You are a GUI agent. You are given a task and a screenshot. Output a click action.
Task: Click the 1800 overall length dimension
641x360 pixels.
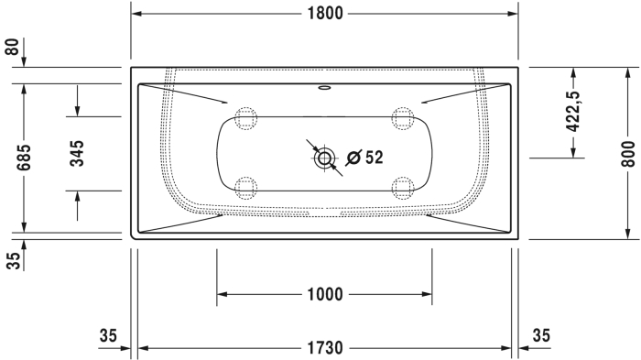[325, 14]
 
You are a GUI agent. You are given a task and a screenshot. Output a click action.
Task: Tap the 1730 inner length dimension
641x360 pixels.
[325, 348]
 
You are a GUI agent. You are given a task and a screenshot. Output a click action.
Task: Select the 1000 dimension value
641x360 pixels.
[325, 294]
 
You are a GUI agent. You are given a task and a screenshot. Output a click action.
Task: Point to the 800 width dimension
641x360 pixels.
[628, 154]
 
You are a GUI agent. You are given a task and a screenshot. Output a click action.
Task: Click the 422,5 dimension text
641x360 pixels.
[572, 111]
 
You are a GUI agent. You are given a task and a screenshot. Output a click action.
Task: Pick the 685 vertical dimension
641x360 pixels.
[24, 158]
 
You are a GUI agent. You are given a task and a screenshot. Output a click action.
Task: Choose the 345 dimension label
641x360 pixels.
[77, 153]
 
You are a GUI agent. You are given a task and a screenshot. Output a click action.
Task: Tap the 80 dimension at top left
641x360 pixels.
[12, 47]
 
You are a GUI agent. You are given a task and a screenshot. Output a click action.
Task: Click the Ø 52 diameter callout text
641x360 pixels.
[364, 158]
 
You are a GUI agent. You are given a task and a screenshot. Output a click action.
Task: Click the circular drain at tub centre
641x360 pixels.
[324, 158]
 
